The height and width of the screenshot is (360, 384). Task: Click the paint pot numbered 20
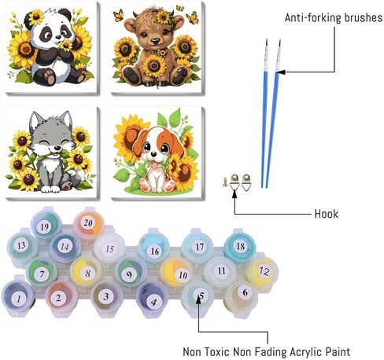click(88, 223)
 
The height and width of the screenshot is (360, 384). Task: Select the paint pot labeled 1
click(18, 298)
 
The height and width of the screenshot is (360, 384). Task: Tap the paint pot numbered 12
click(262, 271)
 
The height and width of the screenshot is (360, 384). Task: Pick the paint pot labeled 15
click(109, 249)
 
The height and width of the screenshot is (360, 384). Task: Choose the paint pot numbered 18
click(240, 246)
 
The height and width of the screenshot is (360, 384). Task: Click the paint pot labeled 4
click(152, 299)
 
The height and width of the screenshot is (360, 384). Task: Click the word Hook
click(327, 214)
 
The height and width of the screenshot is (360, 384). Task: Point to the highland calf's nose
click(155, 41)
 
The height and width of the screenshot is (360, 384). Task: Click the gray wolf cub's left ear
click(35, 121)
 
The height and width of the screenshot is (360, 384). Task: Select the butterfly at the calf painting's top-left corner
click(119, 15)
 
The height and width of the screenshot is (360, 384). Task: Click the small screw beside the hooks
click(225, 182)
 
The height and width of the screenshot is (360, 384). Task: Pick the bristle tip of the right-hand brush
click(279, 43)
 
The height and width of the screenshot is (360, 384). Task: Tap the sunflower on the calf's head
click(163, 18)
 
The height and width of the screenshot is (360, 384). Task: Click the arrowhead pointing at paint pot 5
click(198, 300)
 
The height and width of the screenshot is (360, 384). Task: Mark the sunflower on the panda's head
click(36, 17)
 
